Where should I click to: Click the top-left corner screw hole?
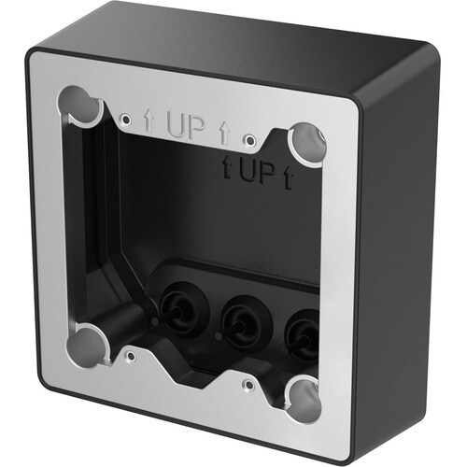(x=82, y=106)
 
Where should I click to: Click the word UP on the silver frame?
(x=186, y=128)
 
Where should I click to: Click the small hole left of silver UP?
(x=126, y=119)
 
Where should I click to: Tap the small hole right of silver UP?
(x=248, y=140)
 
